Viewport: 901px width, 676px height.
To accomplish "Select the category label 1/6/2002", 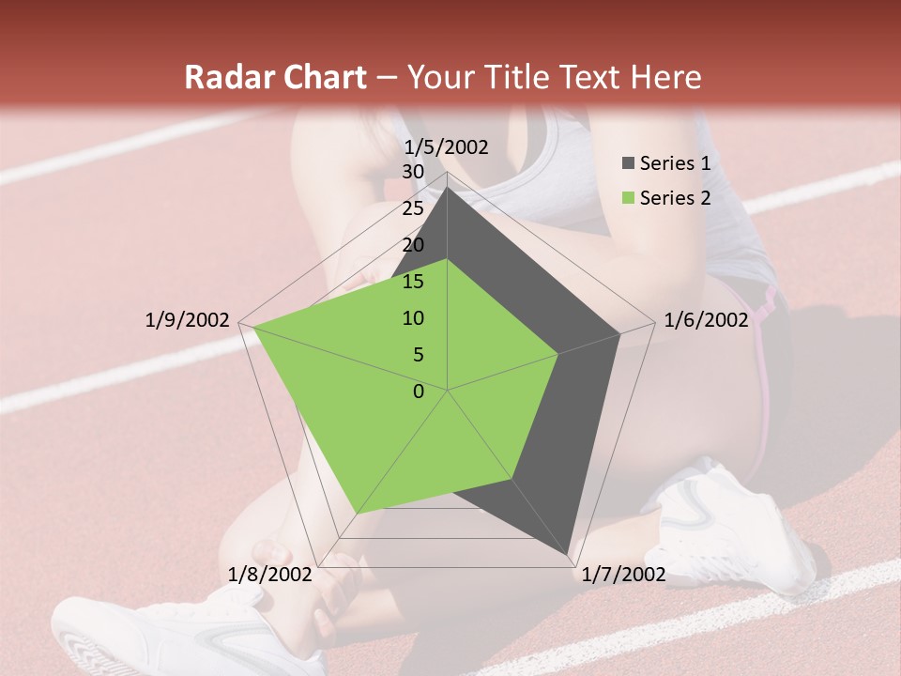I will pyautogui.click(x=706, y=320).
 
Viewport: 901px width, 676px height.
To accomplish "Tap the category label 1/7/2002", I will pyautogui.click(x=623, y=575).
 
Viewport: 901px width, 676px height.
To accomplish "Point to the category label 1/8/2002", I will pyautogui.click(x=270, y=575).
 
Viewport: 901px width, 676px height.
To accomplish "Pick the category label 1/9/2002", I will pyautogui.click(x=188, y=320).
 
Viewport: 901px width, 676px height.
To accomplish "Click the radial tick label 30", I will pyautogui.click(x=413, y=172).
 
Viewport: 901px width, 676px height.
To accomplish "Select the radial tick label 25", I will pyautogui.click(x=413, y=208).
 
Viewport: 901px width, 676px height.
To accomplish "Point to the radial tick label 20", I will pyautogui.click(x=413, y=245).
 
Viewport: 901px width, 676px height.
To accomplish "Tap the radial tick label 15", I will pyautogui.click(x=413, y=282).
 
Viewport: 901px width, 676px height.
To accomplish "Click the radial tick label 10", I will pyautogui.click(x=413, y=318).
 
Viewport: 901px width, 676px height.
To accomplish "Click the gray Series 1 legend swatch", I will pyautogui.click(x=628, y=164).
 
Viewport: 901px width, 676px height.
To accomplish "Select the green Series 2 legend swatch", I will pyautogui.click(x=628, y=198).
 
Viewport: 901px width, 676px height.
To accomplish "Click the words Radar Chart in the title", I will pyautogui.click(x=275, y=78).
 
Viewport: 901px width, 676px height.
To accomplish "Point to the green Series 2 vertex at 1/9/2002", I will pyautogui.click(x=253, y=326).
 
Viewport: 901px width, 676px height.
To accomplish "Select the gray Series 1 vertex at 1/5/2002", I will pyautogui.click(x=447, y=187).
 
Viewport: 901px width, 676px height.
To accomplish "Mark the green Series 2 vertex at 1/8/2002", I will pyautogui.click(x=357, y=513).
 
